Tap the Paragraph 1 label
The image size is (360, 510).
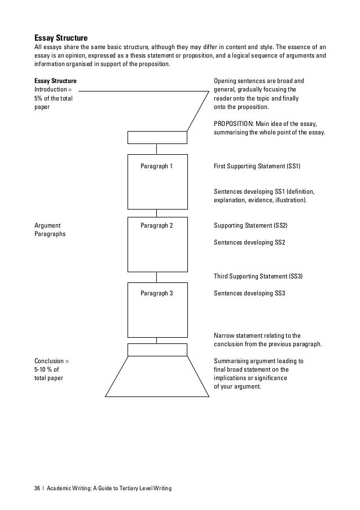[156, 167]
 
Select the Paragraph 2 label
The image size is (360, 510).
[156, 225]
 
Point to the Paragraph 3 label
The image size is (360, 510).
[156, 294]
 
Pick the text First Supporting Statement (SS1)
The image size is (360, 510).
[257, 167]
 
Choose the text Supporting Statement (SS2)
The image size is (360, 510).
[251, 225]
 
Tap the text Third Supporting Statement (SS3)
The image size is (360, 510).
[258, 277]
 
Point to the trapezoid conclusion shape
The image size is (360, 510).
[156, 377]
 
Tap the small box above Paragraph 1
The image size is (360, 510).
[157, 137]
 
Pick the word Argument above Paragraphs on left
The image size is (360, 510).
[48, 225]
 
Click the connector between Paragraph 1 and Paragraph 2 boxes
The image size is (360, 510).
[157, 212]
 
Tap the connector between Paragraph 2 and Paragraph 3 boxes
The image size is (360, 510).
[157, 277]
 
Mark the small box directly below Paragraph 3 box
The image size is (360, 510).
[157, 350]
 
